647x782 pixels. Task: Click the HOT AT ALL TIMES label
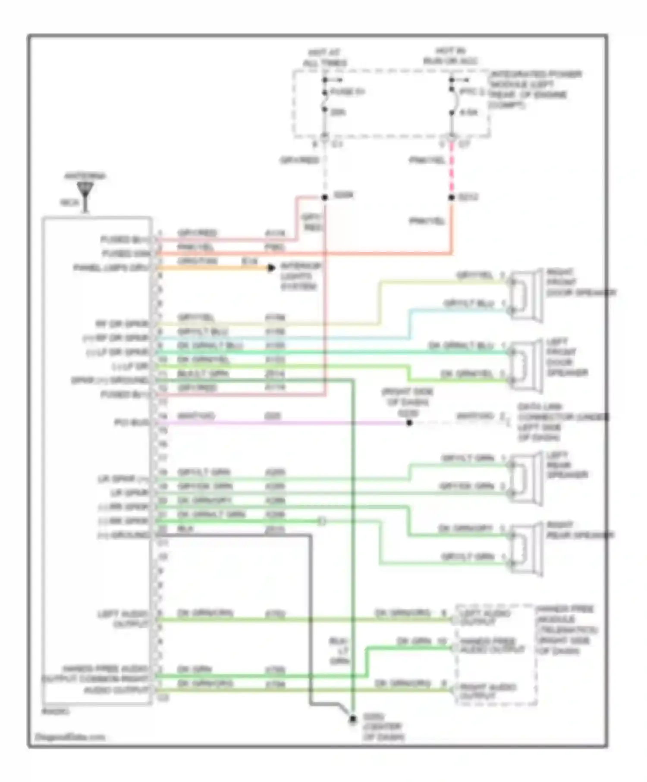point(325,57)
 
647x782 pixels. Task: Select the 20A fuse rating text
point(338,113)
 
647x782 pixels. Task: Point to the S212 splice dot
point(452,197)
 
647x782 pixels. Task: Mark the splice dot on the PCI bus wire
point(409,423)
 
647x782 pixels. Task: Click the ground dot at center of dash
point(353,719)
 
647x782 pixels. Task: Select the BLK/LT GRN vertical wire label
point(339,651)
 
